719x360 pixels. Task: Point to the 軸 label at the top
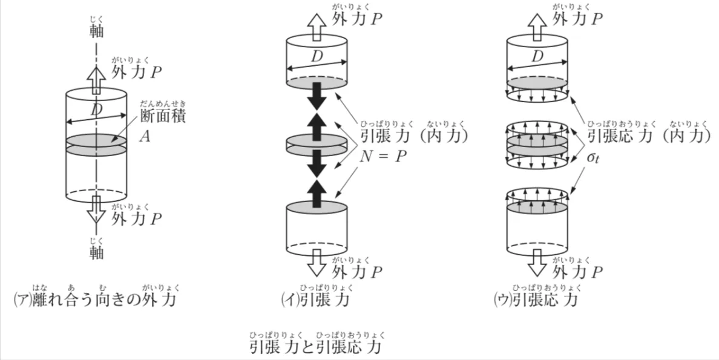point(96,31)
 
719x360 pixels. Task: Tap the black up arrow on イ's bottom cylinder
point(317,194)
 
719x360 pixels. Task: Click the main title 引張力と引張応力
point(316,347)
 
